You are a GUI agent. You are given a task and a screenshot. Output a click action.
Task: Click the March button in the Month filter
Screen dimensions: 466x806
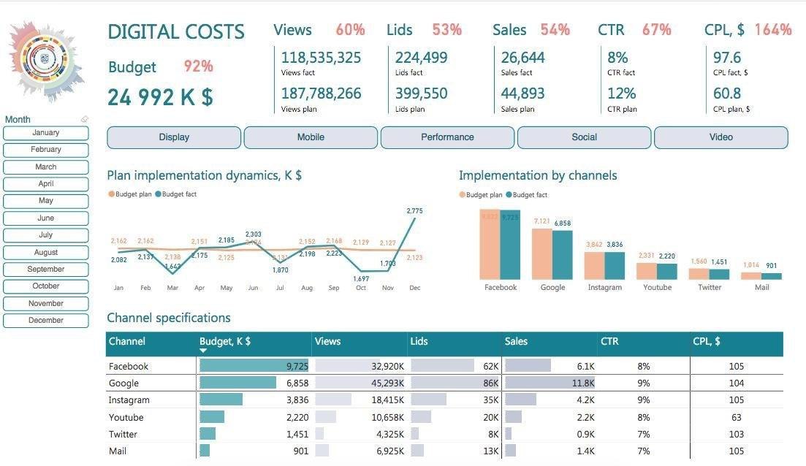(x=46, y=167)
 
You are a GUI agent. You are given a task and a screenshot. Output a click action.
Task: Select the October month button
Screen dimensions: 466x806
(x=46, y=286)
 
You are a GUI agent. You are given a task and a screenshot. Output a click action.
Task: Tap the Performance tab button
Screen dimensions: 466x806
(x=447, y=137)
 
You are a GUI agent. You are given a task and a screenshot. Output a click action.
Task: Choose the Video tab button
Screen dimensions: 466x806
(x=721, y=137)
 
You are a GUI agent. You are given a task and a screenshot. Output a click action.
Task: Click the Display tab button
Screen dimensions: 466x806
(x=174, y=137)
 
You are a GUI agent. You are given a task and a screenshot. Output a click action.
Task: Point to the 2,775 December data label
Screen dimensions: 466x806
(x=414, y=211)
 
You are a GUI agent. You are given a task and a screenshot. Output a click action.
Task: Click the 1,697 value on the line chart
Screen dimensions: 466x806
(x=361, y=278)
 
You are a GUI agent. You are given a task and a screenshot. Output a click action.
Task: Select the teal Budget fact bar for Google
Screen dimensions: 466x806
(x=563, y=254)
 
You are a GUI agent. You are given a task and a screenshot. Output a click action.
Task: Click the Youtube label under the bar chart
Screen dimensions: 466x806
(x=657, y=288)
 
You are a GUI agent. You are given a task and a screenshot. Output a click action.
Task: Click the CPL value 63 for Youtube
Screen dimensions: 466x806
(x=736, y=418)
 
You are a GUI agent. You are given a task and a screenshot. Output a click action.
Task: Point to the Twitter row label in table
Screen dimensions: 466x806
(x=123, y=435)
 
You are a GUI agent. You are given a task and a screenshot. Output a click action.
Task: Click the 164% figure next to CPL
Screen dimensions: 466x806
(x=772, y=30)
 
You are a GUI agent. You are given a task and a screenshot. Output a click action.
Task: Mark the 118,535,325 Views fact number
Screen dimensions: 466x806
(x=321, y=58)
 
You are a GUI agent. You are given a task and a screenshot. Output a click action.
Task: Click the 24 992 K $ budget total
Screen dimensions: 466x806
(x=161, y=97)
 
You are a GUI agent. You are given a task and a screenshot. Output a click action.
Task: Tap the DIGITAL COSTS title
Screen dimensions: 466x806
(x=176, y=31)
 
